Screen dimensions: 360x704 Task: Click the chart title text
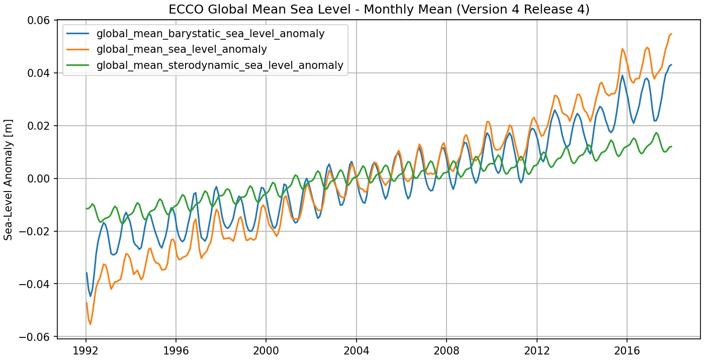tap(379, 10)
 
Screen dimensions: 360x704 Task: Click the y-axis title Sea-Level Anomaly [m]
tap(9, 179)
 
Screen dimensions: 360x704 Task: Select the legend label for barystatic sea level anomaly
tap(210, 34)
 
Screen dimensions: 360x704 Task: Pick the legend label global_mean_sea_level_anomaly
tap(182, 49)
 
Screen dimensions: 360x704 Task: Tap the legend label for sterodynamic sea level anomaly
tap(220, 65)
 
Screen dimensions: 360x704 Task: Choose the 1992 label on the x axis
tap(86, 349)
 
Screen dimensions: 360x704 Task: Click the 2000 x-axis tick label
tap(266, 349)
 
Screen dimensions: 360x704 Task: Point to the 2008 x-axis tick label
tap(447, 349)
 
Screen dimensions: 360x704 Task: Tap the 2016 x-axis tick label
tap(627, 349)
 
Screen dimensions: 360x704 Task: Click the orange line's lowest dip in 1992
tap(91, 324)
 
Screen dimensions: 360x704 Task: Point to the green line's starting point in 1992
tap(86, 209)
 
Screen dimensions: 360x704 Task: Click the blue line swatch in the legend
tap(78, 34)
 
